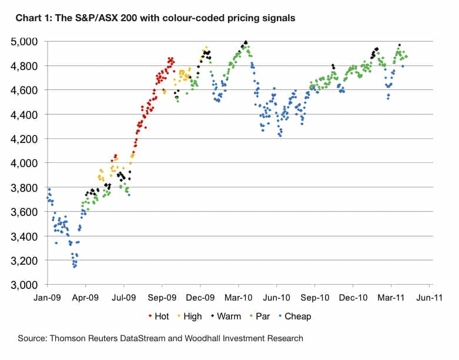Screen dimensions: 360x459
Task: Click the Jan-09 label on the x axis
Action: point(48,298)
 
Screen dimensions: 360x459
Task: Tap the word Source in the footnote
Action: point(32,338)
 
